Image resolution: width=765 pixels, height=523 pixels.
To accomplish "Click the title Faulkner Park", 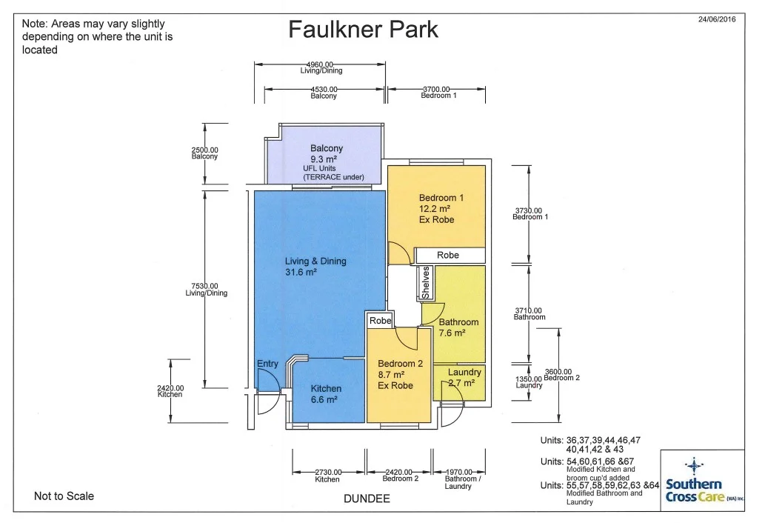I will (363, 30).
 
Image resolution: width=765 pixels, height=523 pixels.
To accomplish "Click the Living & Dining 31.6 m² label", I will (315, 267).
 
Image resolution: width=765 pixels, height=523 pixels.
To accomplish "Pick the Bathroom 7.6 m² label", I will (459, 327).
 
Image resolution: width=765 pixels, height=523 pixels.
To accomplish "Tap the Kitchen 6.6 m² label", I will (326, 394).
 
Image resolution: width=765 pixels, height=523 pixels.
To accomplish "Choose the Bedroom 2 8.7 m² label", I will (401, 375).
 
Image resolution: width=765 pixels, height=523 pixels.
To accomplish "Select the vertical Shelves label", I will (426, 283).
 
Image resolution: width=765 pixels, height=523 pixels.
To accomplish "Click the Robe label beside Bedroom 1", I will (448, 255).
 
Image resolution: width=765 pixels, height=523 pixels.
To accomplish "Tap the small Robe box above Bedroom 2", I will (380, 322).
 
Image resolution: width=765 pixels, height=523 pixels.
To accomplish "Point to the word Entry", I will (267, 364).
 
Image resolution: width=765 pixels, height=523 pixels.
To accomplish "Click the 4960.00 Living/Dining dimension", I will (321, 67).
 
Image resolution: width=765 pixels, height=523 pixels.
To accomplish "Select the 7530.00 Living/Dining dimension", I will (206, 289).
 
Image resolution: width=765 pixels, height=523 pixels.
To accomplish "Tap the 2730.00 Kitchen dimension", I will (327, 475).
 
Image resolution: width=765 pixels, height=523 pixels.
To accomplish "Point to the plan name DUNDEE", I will (367, 499).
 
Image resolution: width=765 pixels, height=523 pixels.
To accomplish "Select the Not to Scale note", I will (64, 496).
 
